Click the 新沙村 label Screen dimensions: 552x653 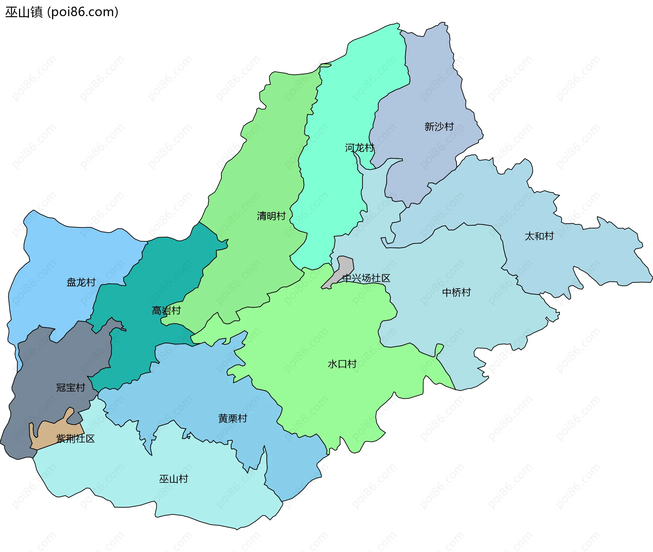(439, 127)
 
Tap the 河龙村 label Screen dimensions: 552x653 (359, 148)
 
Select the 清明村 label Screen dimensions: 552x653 (271, 216)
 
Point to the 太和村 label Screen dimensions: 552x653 (539, 236)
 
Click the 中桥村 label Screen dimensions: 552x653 (456, 292)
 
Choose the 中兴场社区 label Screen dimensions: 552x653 (366, 278)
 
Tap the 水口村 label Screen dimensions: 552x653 (342, 364)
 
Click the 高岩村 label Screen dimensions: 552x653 (166, 310)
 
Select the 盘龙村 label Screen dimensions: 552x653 (81, 282)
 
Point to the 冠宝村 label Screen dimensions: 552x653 (70, 387)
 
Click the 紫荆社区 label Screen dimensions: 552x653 (76, 438)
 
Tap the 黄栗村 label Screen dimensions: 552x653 (233, 418)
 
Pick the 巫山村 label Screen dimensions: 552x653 (173, 479)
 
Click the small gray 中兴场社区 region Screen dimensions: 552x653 (344, 267)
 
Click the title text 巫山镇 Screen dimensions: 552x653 (24, 12)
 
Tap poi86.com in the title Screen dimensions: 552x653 (83, 12)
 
